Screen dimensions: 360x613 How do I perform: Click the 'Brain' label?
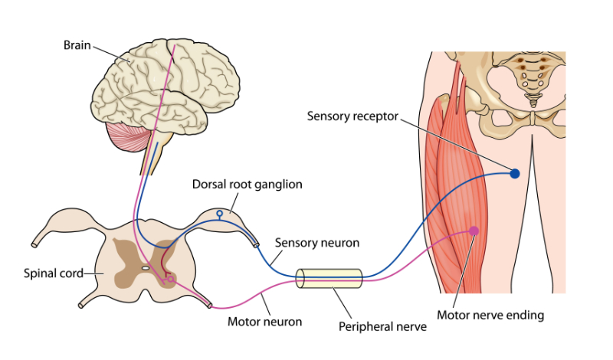pos(77,45)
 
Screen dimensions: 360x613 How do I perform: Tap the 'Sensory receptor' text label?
pos(353,116)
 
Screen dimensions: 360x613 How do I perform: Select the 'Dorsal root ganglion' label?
pos(247,185)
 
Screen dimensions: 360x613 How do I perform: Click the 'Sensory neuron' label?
pos(317,243)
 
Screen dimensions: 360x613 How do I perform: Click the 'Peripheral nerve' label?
pos(382,326)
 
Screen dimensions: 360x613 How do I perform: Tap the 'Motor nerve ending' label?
pos(490,315)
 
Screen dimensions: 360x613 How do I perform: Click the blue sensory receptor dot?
pos(515,174)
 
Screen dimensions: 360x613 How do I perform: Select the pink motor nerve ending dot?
pos(474,231)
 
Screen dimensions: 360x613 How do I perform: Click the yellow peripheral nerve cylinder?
pos(329,278)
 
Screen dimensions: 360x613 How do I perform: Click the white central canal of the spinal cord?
pos(144,269)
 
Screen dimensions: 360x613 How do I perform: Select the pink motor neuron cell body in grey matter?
pos(170,280)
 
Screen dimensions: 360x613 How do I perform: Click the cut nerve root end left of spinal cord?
pos(34,245)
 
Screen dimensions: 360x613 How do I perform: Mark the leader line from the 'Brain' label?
pos(112,54)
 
